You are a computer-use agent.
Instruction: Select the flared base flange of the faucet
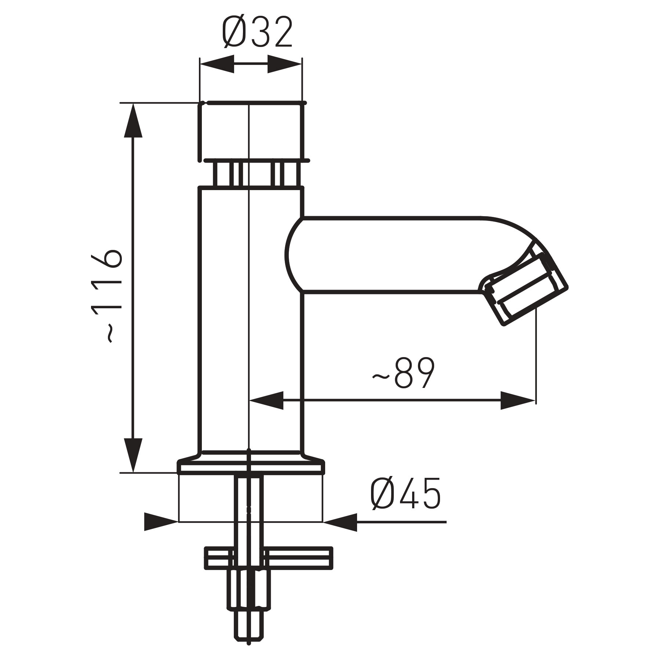click(x=251, y=464)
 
